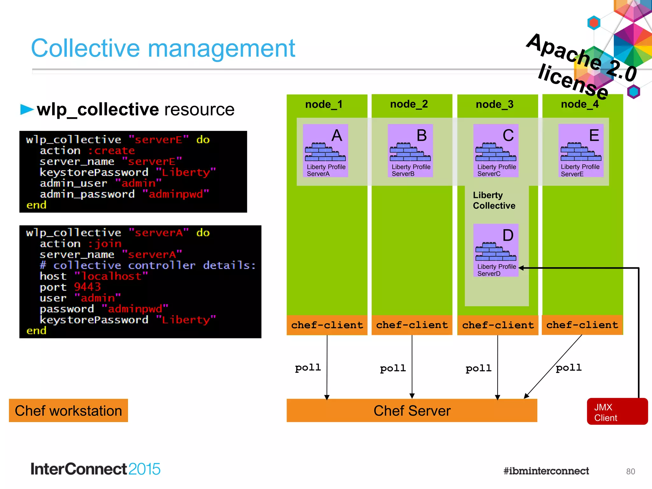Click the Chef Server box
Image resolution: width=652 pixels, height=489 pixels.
[412, 410]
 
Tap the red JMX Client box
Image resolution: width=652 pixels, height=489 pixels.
[617, 412]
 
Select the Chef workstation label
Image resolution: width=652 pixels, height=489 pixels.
[68, 410]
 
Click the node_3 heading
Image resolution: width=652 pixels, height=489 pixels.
[494, 104]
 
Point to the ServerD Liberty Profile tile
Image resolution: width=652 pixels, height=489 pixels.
[496, 250]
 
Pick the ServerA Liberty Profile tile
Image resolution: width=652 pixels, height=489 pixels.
[325, 151]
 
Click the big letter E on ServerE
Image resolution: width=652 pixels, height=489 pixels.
[594, 135]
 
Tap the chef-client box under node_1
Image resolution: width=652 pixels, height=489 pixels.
[327, 325]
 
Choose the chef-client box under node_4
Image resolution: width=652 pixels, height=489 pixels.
[582, 325]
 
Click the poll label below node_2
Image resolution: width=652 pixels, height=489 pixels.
[393, 368]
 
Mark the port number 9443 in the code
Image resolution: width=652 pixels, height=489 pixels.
[87, 287]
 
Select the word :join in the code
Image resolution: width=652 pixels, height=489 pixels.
[105, 244]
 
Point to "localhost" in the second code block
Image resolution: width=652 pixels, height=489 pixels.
[111, 276]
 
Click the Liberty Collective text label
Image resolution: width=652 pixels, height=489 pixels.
[494, 200]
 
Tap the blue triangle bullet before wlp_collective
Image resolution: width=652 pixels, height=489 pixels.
[27, 109]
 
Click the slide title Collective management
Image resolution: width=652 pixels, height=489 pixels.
[163, 48]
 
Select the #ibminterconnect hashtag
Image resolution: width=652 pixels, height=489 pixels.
[546, 471]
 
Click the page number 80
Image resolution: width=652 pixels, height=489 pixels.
[630, 471]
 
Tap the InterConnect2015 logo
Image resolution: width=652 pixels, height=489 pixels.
[95, 469]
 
